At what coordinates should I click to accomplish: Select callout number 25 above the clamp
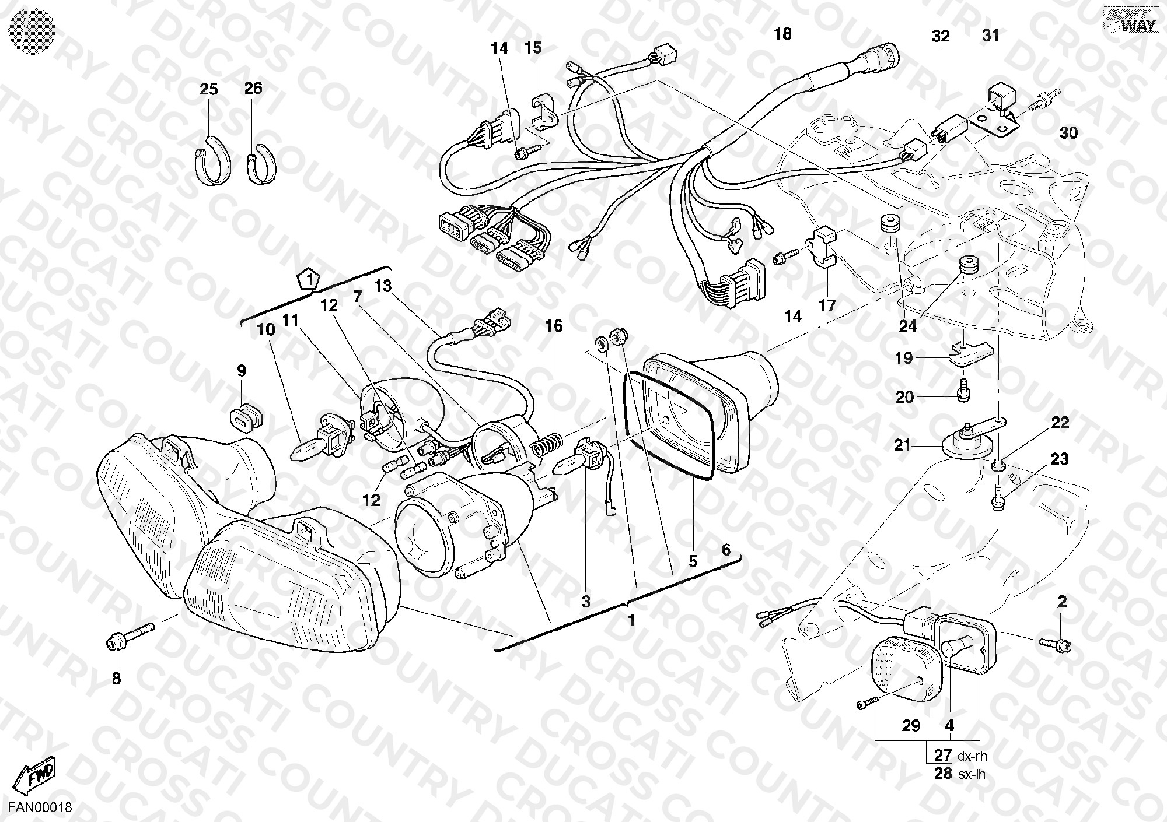tap(208, 89)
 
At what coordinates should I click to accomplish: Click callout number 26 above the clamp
tap(253, 88)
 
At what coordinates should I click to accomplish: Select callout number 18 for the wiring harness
tap(783, 34)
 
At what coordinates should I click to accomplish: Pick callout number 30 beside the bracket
tap(1068, 133)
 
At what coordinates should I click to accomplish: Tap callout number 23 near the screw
tap(1060, 459)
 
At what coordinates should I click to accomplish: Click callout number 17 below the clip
tap(827, 305)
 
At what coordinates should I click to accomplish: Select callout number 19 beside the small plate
tap(904, 358)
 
